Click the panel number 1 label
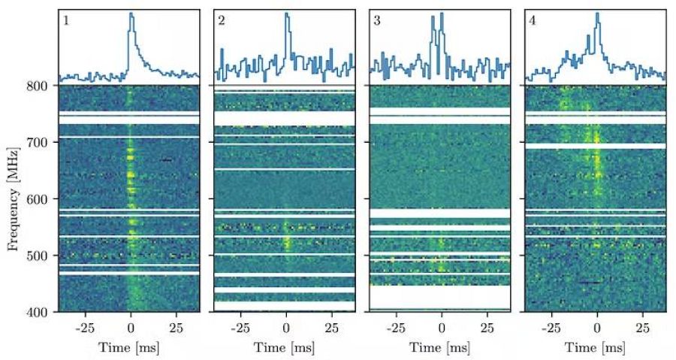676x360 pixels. click(x=66, y=20)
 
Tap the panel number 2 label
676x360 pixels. click(x=222, y=20)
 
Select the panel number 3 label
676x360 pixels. click(x=377, y=20)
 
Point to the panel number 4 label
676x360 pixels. click(x=533, y=20)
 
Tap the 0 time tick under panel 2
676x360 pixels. click(x=286, y=328)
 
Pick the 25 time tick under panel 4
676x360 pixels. click(x=642, y=328)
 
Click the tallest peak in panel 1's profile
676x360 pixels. click(x=131, y=14)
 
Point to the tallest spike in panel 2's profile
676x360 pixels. click(x=286, y=14)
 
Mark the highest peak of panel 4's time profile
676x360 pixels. click(x=597, y=13)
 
